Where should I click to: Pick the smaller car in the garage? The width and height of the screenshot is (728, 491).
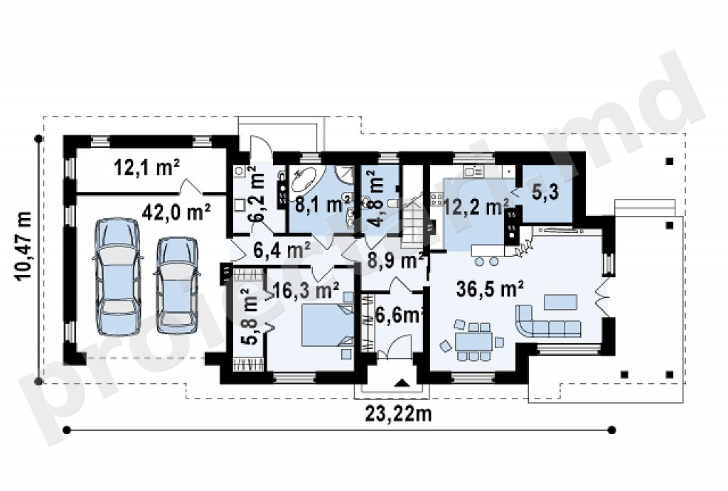point(176,285)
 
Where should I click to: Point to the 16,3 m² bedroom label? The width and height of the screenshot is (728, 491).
point(306,291)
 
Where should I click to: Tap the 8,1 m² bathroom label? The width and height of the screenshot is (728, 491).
point(323,204)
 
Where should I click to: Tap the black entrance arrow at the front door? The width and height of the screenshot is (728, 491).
point(402,383)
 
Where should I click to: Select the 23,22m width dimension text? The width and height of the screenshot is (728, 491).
point(398,413)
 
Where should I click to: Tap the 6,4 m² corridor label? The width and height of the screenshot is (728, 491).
point(282,251)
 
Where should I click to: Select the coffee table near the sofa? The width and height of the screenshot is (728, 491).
point(561,302)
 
